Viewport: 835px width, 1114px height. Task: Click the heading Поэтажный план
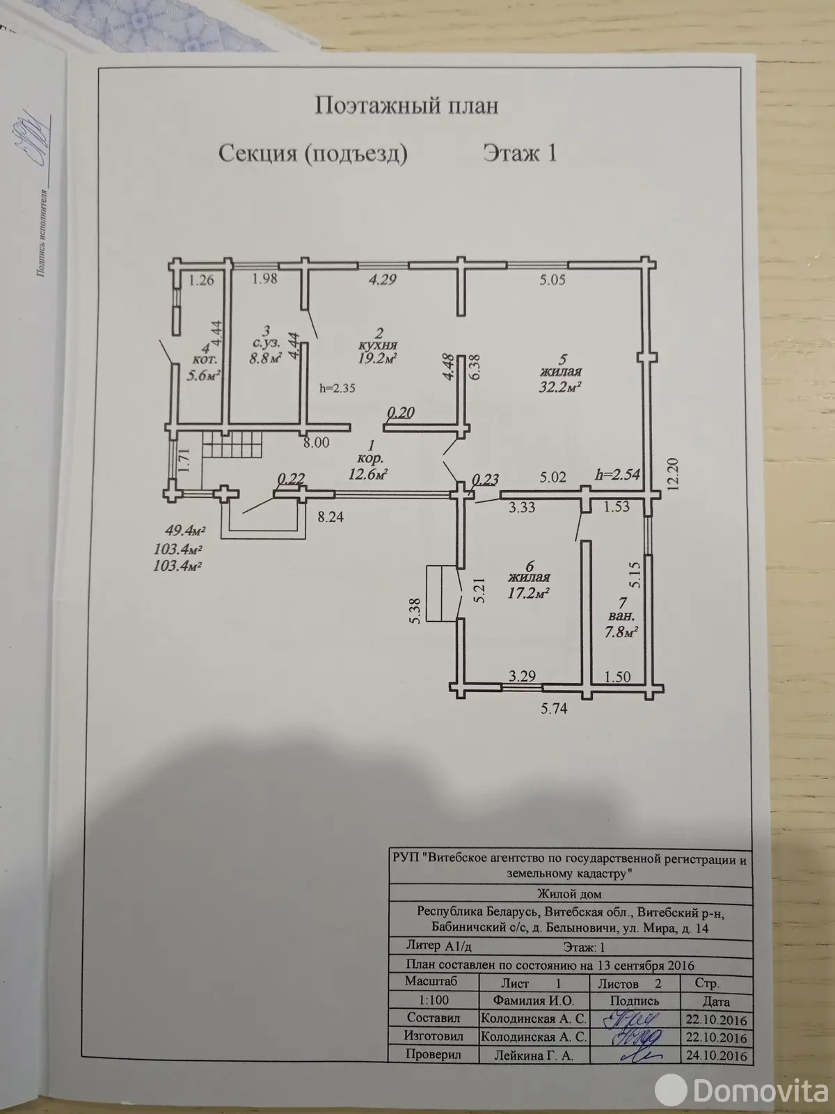[407, 106]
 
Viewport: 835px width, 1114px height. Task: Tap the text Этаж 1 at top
[520, 152]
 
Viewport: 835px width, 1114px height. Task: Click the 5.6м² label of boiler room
[205, 374]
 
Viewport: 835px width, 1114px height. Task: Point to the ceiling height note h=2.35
[337, 389]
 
